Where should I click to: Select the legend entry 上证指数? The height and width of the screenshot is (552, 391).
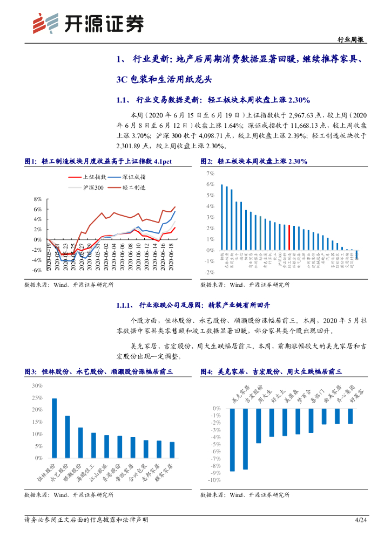pos(93,176)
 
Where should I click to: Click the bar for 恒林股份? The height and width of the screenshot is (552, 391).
pos(54,428)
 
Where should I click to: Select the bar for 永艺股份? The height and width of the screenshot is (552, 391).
pos(68,437)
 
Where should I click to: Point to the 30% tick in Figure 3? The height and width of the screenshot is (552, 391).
pos(37,386)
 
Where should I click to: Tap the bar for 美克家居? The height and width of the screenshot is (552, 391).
pos(232,440)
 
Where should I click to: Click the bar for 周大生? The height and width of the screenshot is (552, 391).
pos(259,426)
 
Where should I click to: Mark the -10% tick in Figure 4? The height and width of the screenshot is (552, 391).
pos(214,480)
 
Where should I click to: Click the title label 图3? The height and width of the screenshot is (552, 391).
pos(30,371)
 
